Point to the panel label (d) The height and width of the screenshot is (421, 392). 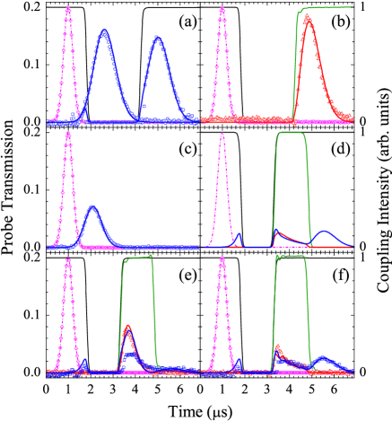pos(340,145)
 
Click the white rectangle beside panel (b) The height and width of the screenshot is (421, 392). pos(361,59)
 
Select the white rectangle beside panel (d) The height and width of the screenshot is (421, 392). pos(361,186)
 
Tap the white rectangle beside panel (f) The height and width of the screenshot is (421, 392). pos(361,311)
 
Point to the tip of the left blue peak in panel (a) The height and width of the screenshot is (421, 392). pos(105,31)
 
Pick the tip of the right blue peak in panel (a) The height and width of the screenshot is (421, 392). pos(158,38)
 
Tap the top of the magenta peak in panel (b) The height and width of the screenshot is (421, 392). pos(222,10)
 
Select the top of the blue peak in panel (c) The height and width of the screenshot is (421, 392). pos(92,208)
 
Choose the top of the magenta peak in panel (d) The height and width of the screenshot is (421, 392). pos(222,135)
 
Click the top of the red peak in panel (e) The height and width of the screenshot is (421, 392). pos(129,326)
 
